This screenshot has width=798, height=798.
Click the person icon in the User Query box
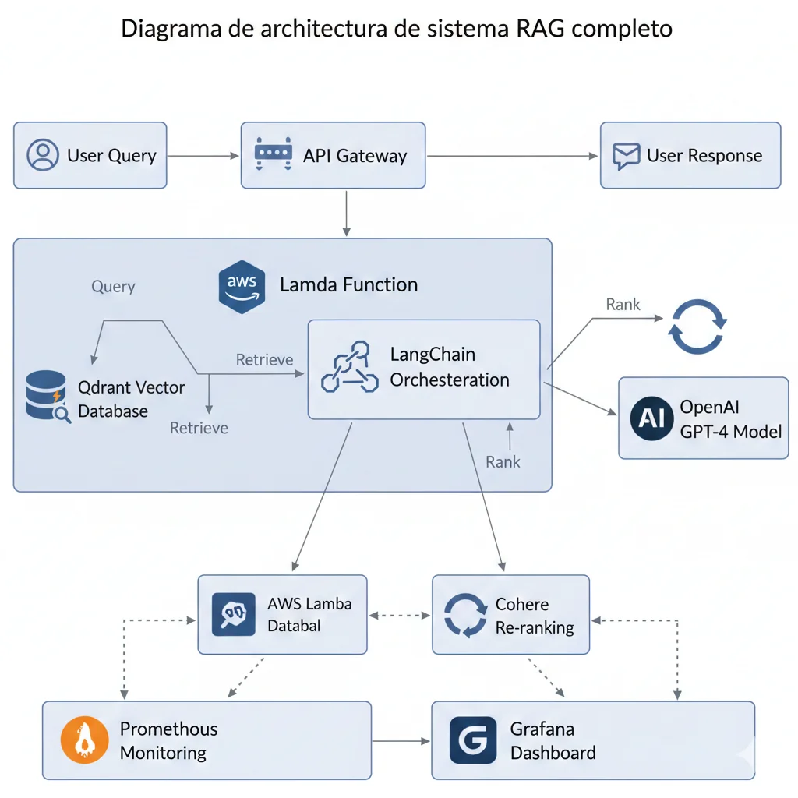click(43, 155)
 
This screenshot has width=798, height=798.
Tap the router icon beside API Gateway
click(273, 154)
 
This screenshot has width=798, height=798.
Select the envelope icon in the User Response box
click(626, 155)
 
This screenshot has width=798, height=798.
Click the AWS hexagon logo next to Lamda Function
click(242, 286)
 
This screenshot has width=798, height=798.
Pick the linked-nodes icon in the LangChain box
click(350, 366)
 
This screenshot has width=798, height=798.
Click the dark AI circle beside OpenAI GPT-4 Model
click(651, 418)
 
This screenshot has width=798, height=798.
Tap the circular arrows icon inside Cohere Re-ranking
click(464, 615)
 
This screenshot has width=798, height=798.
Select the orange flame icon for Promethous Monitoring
click(83, 740)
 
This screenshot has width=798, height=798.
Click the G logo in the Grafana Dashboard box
click(472, 740)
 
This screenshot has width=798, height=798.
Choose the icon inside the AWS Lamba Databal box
click(234, 614)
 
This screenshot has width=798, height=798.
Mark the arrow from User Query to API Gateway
click(203, 156)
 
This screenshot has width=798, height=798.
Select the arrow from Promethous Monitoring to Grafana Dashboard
click(401, 740)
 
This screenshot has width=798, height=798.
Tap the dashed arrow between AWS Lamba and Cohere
click(400, 615)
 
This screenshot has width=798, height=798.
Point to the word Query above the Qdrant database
click(113, 286)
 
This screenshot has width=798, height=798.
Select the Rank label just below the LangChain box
click(503, 461)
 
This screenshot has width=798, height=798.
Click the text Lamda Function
click(348, 284)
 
